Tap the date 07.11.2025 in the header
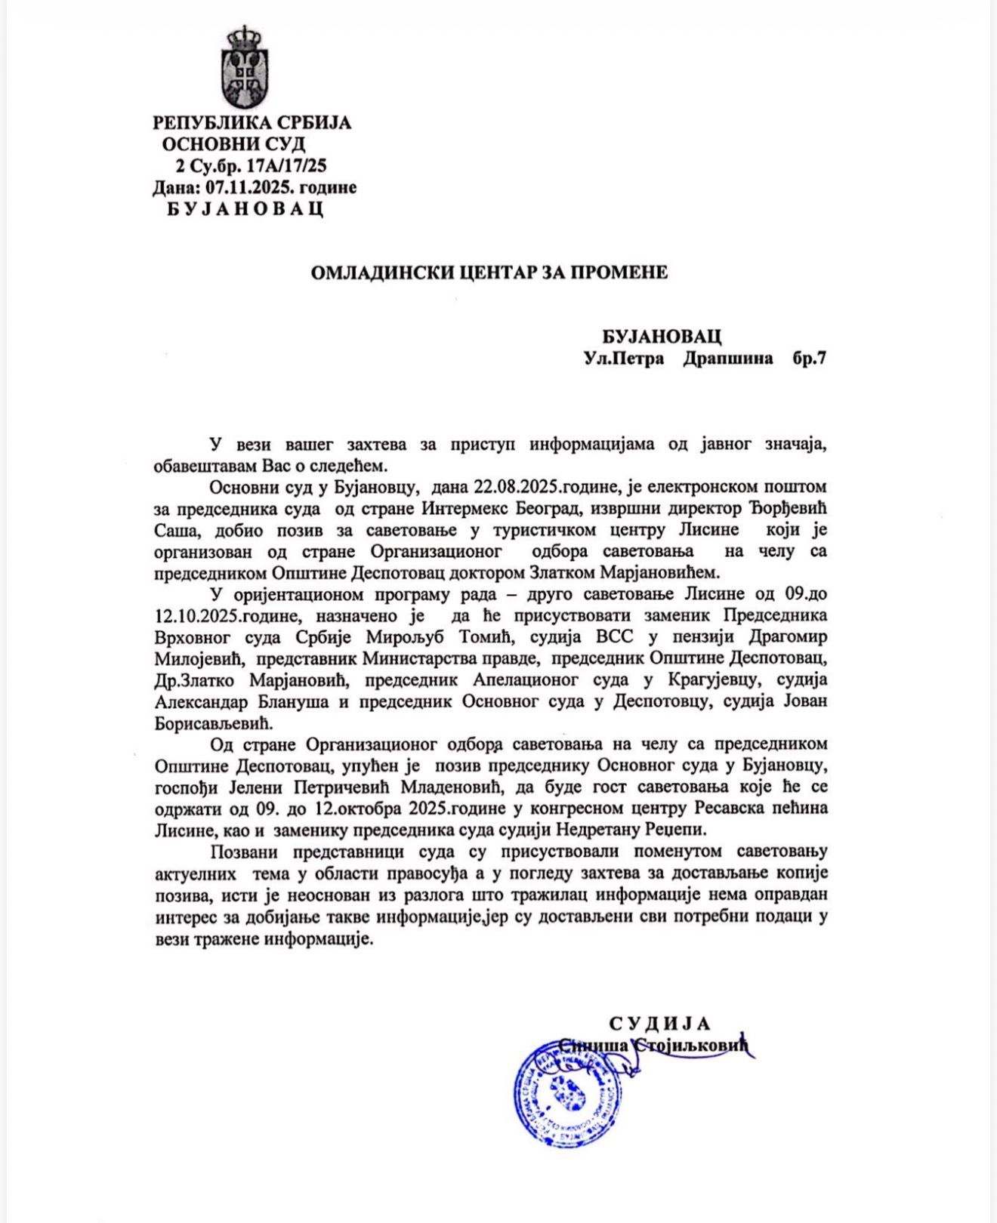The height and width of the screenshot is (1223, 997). (x=239, y=187)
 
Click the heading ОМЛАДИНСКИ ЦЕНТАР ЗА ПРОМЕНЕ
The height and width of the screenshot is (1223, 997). (x=489, y=273)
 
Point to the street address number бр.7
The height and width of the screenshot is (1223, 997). (x=809, y=358)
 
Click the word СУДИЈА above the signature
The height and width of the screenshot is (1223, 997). (x=660, y=1024)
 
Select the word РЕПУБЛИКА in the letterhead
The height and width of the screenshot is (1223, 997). (x=202, y=122)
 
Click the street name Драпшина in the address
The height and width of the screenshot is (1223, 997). (x=728, y=358)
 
